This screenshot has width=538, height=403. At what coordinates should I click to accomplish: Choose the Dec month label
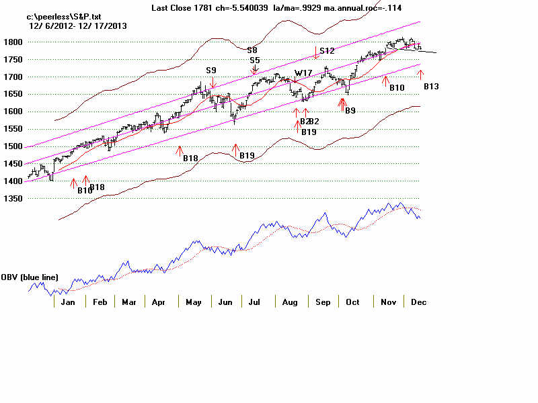tap(418, 302)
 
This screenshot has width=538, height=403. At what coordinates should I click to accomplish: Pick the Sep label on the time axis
tap(323, 302)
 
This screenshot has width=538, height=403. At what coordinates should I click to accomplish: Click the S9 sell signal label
tap(211, 70)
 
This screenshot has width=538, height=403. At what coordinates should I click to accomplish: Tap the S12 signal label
tap(327, 50)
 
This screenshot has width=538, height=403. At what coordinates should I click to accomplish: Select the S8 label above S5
tap(252, 50)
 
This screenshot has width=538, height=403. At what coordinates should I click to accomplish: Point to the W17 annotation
tap(303, 73)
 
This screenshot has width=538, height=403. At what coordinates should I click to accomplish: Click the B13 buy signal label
tap(431, 87)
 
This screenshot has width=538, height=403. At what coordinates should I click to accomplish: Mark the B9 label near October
tap(350, 110)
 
